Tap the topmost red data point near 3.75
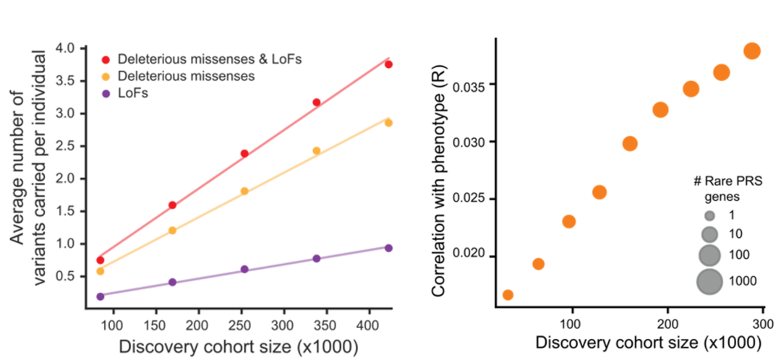coord(388,64)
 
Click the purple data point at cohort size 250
coord(244,269)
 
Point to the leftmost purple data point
coord(101,296)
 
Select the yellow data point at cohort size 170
coord(172,231)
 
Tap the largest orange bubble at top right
coord(751,51)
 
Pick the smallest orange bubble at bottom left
coord(508,294)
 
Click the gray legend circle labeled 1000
coord(710,280)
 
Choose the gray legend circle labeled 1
coord(710,215)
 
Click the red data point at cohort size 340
coord(316,103)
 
